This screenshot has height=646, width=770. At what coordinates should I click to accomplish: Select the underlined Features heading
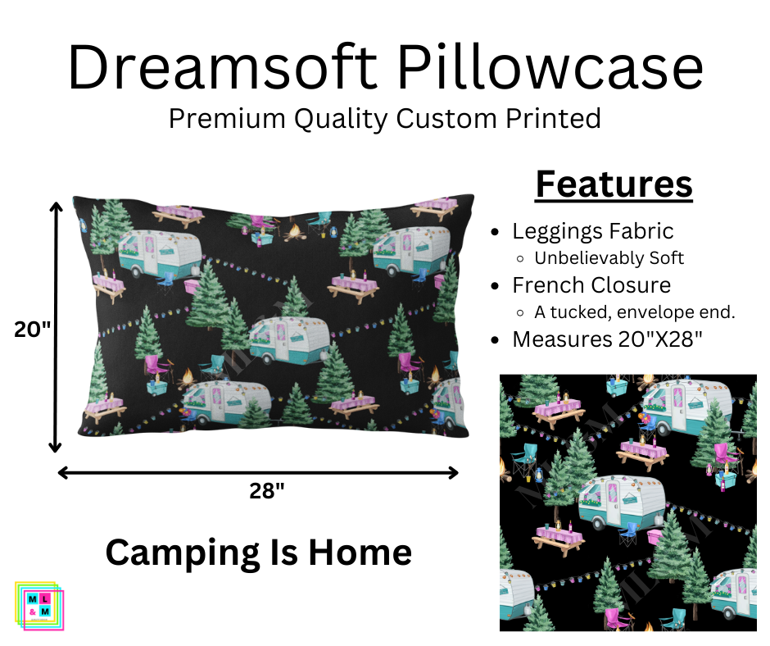click(x=614, y=184)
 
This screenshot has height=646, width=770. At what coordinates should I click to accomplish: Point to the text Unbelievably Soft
click(x=609, y=258)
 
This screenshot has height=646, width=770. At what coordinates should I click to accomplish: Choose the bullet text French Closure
click(x=591, y=285)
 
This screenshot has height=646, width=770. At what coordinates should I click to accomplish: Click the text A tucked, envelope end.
click(x=635, y=312)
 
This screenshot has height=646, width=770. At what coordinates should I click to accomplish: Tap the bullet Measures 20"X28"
click(x=607, y=339)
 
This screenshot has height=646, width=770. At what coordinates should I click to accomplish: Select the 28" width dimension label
click(x=267, y=491)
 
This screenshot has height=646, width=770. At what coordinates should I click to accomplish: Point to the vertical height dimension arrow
click(x=56, y=328)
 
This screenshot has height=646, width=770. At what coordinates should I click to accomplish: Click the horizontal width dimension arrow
click(x=258, y=472)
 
